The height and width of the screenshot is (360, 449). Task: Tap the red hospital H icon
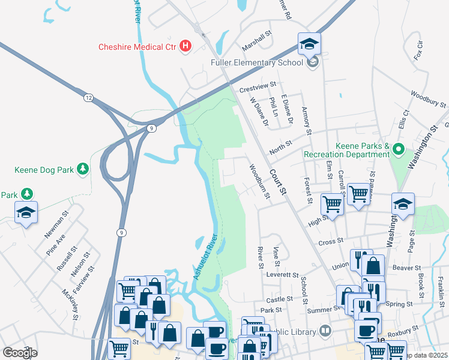point(185,46)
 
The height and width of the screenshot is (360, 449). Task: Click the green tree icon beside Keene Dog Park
point(83,170)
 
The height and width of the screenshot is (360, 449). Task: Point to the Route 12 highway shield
point(88,97)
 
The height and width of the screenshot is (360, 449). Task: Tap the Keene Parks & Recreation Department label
point(345,150)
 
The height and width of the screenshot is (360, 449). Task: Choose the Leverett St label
point(282,275)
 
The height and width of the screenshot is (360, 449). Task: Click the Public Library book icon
point(325,331)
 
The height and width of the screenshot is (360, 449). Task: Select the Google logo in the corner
point(20,352)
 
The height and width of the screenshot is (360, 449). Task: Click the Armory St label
point(307,121)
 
